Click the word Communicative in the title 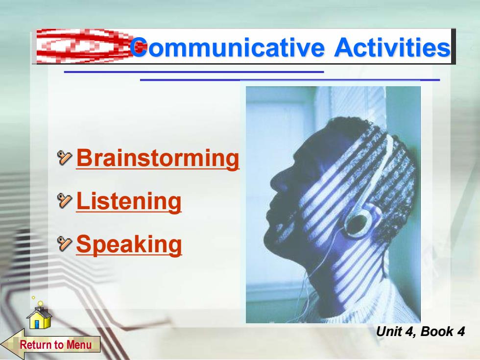[227, 47]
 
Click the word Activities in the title [392, 47]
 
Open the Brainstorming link [158, 158]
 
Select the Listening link [128, 201]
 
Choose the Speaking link [129, 244]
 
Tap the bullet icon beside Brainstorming [65, 158]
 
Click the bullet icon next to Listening [65, 200]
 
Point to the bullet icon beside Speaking [65, 244]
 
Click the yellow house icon [39, 318]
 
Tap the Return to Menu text [56, 345]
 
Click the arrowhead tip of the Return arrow [1, 344]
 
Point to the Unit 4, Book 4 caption [420, 332]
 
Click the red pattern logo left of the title [83, 46]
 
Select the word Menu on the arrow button [79, 345]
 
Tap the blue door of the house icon [37, 324]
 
